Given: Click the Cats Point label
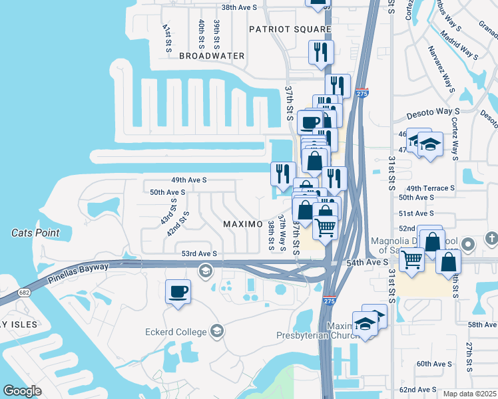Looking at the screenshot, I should (x=35, y=233).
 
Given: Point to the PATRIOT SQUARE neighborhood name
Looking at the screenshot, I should (x=290, y=29).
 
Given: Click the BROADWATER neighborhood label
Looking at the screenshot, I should (x=212, y=56).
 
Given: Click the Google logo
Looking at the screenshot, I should (x=23, y=391).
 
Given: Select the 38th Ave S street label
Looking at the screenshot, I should (x=239, y=7).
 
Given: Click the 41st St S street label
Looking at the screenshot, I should (x=167, y=38).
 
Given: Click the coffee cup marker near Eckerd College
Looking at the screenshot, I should (x=178, y=293).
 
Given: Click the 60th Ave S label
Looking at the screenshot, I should (x=434, y=364).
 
